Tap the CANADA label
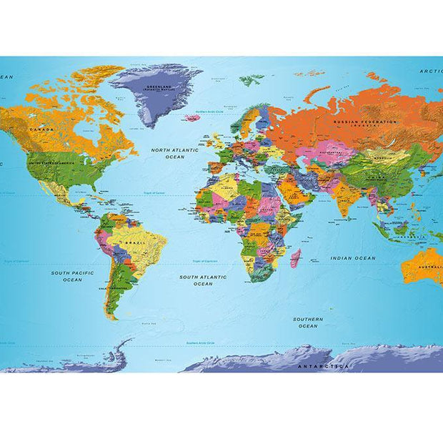[x=41, y=129]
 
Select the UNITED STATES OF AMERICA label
[x=51, y=163]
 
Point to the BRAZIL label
[x=136, y=243]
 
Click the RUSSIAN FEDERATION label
[x=364, y=122]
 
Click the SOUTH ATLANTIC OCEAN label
[x=203, y=280]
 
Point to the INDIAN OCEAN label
[x=352, y=257]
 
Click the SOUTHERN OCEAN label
[x=308, y=322]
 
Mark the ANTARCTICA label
[x=323, y=366]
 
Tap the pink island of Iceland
[x=191, y=117]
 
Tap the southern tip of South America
[x=112, y=317]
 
